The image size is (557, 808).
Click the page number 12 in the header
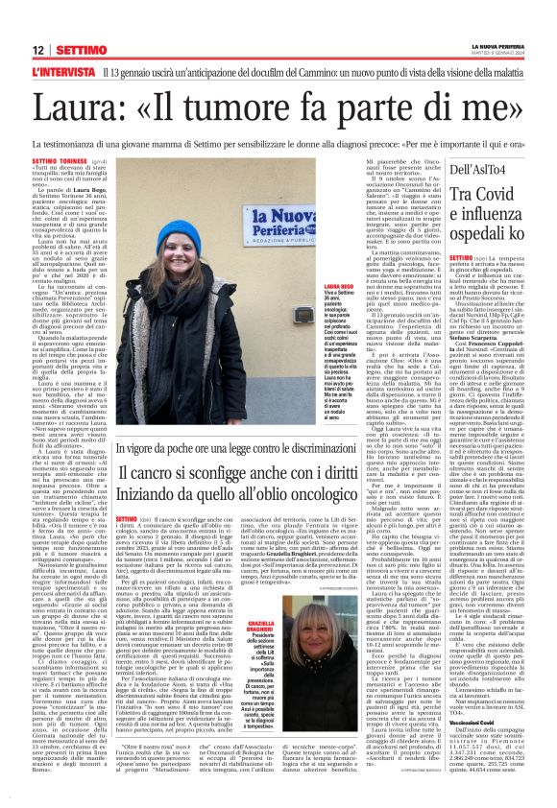pyautogui.click(x=38, y=50)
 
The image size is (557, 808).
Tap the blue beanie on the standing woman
pyautogui.click(x=179, y=234)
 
